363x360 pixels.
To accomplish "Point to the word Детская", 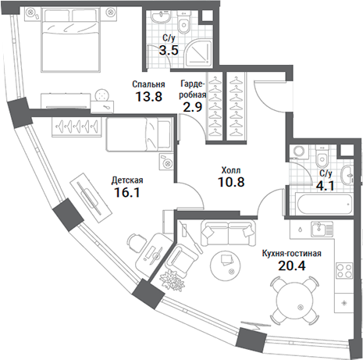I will pos(127,179).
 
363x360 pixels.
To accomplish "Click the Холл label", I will pos(230,169).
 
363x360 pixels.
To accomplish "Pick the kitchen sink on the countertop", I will pos(318,229).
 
